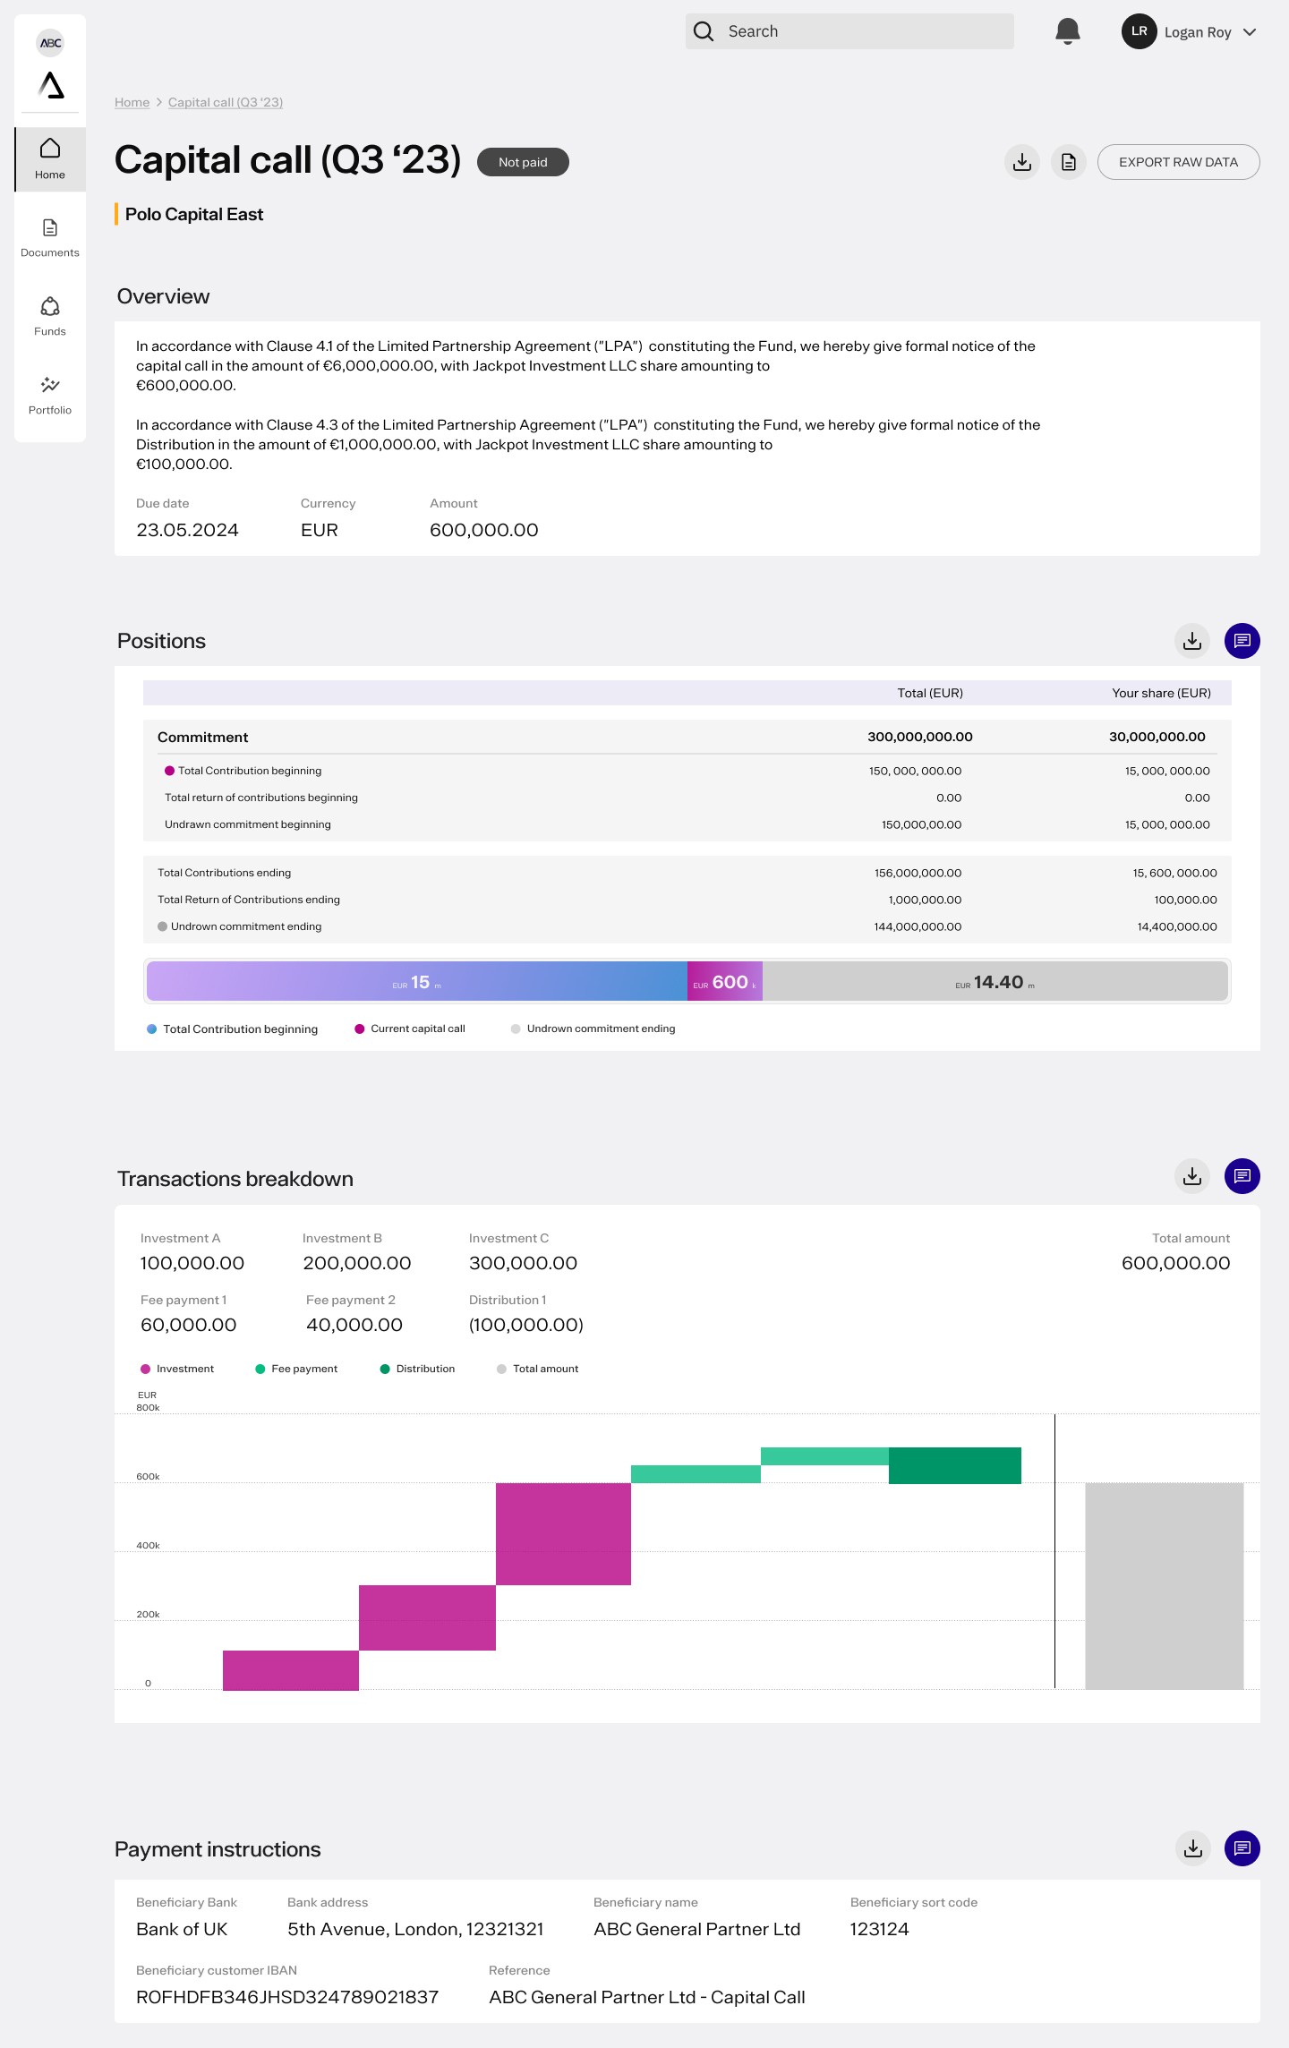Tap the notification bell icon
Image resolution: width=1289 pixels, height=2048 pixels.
(1067, 31)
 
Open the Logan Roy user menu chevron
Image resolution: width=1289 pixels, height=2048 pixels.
(1251, 32)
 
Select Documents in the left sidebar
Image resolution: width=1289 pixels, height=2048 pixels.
(50, 238)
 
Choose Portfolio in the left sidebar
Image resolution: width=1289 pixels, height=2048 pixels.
(50, 395)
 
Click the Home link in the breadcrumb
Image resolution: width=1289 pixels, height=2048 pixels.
(132, 103)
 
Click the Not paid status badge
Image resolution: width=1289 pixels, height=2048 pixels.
(523, 162)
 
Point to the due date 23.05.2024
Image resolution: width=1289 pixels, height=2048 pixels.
(187, 530)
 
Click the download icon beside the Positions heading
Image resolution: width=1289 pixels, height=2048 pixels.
(1191, 641)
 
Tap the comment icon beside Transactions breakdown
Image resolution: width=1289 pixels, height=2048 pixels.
(1242, 1176)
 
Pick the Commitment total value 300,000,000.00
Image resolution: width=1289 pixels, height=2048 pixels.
(919, 737)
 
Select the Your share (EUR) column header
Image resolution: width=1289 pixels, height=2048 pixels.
(1161, 693)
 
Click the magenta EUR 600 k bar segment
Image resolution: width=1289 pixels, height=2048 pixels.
(724, 982)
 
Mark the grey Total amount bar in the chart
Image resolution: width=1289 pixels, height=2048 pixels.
(1164, 1585)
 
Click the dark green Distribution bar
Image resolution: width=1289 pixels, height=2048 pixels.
(954, 1465)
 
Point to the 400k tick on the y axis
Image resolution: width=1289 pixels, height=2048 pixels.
(148, 1546)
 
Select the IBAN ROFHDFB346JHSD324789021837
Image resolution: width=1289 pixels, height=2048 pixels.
(287, 1997)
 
